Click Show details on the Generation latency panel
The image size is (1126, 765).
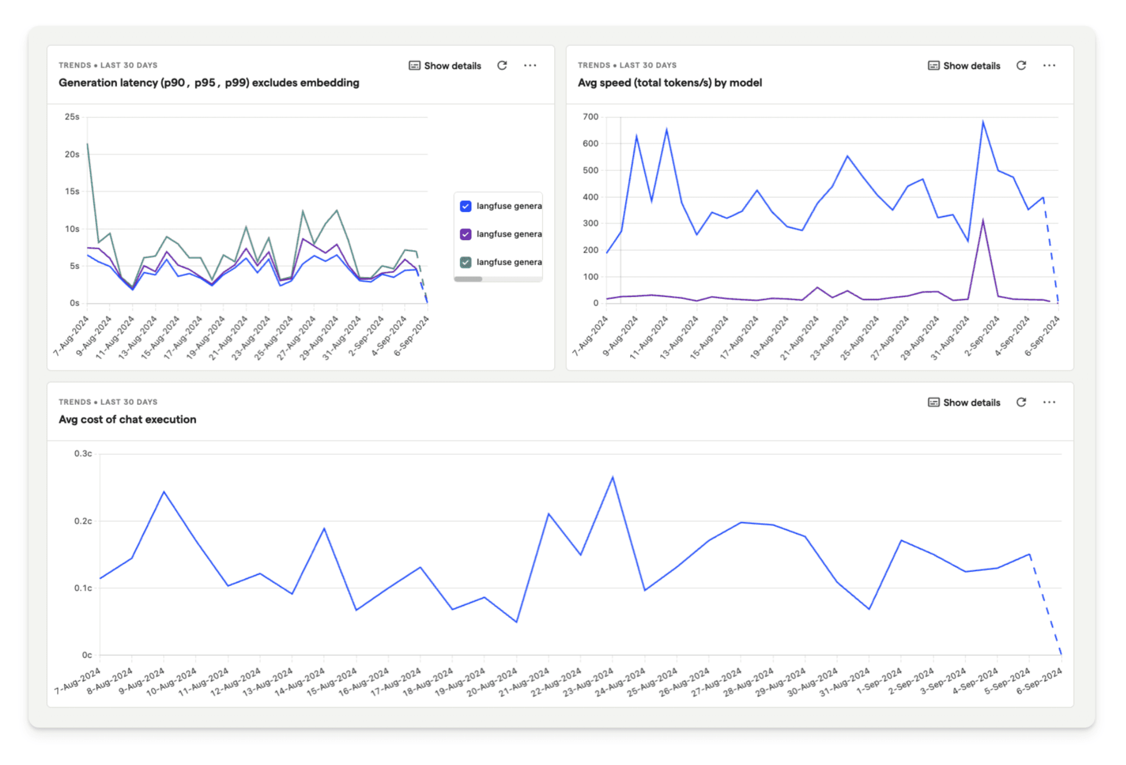coord(445,65)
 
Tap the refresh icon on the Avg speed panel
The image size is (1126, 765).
coord(1021,65)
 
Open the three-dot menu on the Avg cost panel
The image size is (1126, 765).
coord(1049,402)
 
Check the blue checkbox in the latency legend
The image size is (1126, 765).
coord(465,206)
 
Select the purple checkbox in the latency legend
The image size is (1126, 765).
coord(465,234)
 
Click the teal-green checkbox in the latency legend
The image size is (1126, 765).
coord(465,262)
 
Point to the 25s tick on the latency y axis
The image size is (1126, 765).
coord(72,117)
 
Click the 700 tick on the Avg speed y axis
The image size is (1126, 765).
coord(590,117)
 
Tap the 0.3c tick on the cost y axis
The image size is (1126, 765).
coord(83,453)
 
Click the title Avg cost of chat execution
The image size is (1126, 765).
coord(127,419)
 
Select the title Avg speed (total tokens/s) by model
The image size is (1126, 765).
coord(669,82)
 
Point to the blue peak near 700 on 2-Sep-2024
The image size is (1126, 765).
coord(983,122)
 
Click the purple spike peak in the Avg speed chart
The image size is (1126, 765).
coord(983,220)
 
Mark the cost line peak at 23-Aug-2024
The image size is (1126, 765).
coord(613,477)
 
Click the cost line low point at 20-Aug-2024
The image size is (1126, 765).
coord(517,621)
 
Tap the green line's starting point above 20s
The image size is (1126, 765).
coord(88,145)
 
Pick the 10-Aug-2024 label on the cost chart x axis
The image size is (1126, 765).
coord(171,682)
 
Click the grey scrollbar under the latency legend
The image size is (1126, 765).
coord(468,279)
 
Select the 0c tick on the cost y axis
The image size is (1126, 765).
coord(87,655)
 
